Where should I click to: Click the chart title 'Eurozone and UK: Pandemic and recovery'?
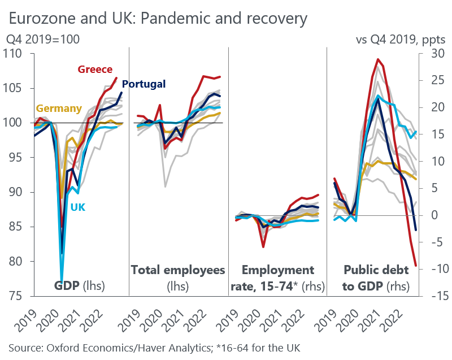[x=158, y=18]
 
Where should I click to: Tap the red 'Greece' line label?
[x=95, y=69]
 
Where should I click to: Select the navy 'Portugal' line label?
[x=144, y=84]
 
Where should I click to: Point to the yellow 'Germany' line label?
[x=59, y=109]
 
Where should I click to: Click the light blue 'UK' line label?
[x=78, y=207]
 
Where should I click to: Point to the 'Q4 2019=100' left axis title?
[x=42, y=40]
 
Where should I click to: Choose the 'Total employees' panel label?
[x=178, y=270]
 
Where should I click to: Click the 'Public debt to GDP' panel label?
[x=376, y=277]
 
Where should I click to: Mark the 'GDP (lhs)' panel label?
[x=79, y=285]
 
